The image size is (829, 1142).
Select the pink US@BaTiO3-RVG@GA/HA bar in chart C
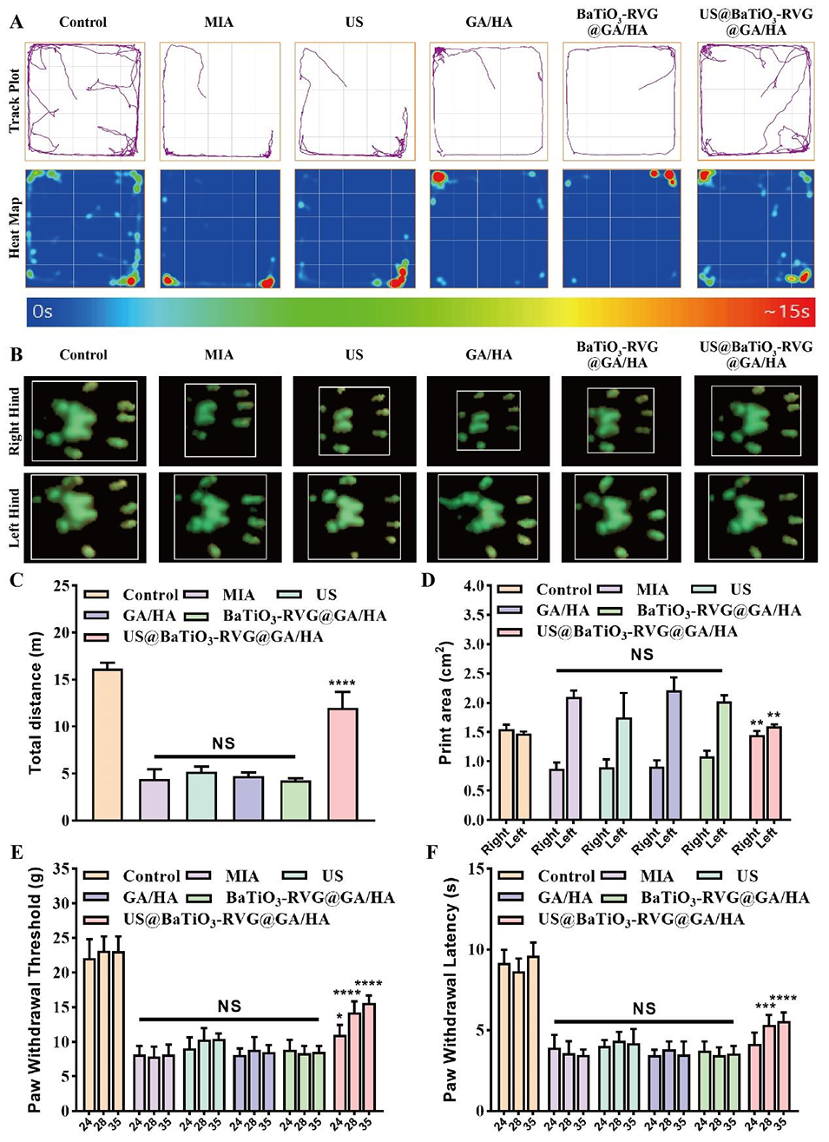342,763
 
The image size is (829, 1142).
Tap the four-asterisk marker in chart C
342,684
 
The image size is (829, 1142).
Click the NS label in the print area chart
641,655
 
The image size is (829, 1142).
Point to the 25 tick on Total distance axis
61,586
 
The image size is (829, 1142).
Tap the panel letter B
16,355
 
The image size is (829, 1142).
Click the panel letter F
431,851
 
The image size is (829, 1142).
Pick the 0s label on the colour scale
43,311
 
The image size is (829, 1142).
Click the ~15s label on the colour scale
786,311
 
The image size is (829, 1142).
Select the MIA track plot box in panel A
220,102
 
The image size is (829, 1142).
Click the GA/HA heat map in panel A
489,228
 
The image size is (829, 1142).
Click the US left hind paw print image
353,518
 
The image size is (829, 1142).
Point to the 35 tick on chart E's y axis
61,868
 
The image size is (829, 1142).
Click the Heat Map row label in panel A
15,228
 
